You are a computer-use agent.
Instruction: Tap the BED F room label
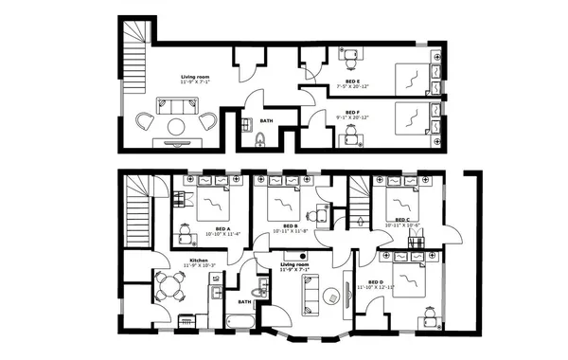[x=351, y=112]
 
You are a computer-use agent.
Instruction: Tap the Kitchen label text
[x=199, y=260]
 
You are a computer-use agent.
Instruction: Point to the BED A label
[x=222, y=228]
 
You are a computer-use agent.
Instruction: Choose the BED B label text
[x=291, y=225]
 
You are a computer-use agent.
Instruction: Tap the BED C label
[x=401, y=221]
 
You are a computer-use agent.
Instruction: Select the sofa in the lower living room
[x=311, y=294]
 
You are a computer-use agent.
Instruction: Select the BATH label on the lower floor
[x=245, y=302]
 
